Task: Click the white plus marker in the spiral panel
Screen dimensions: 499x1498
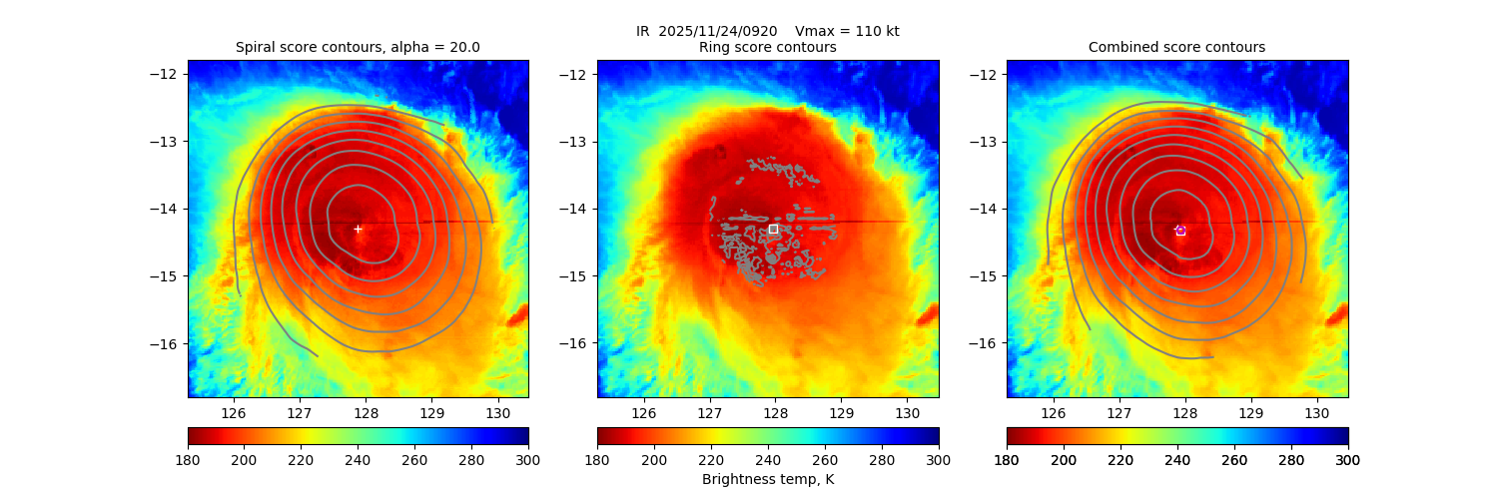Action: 358,229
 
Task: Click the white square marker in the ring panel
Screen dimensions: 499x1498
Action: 773,229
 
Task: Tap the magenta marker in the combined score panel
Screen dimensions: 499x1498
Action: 1180,231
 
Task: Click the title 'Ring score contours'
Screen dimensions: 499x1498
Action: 767,47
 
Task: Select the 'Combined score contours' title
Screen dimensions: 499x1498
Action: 1176,47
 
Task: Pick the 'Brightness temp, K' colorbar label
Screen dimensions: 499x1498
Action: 767,480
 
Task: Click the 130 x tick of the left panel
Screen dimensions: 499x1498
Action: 497,411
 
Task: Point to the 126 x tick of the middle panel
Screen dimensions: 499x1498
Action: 643,411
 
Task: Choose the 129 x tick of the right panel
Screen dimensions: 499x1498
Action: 1251,411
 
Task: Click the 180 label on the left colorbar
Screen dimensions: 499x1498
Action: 188,460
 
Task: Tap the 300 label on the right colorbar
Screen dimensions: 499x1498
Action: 1348,460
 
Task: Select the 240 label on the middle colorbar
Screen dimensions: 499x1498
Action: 768,460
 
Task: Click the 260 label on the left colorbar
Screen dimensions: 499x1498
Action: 415,460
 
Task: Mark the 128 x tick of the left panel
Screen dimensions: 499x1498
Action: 366,411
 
